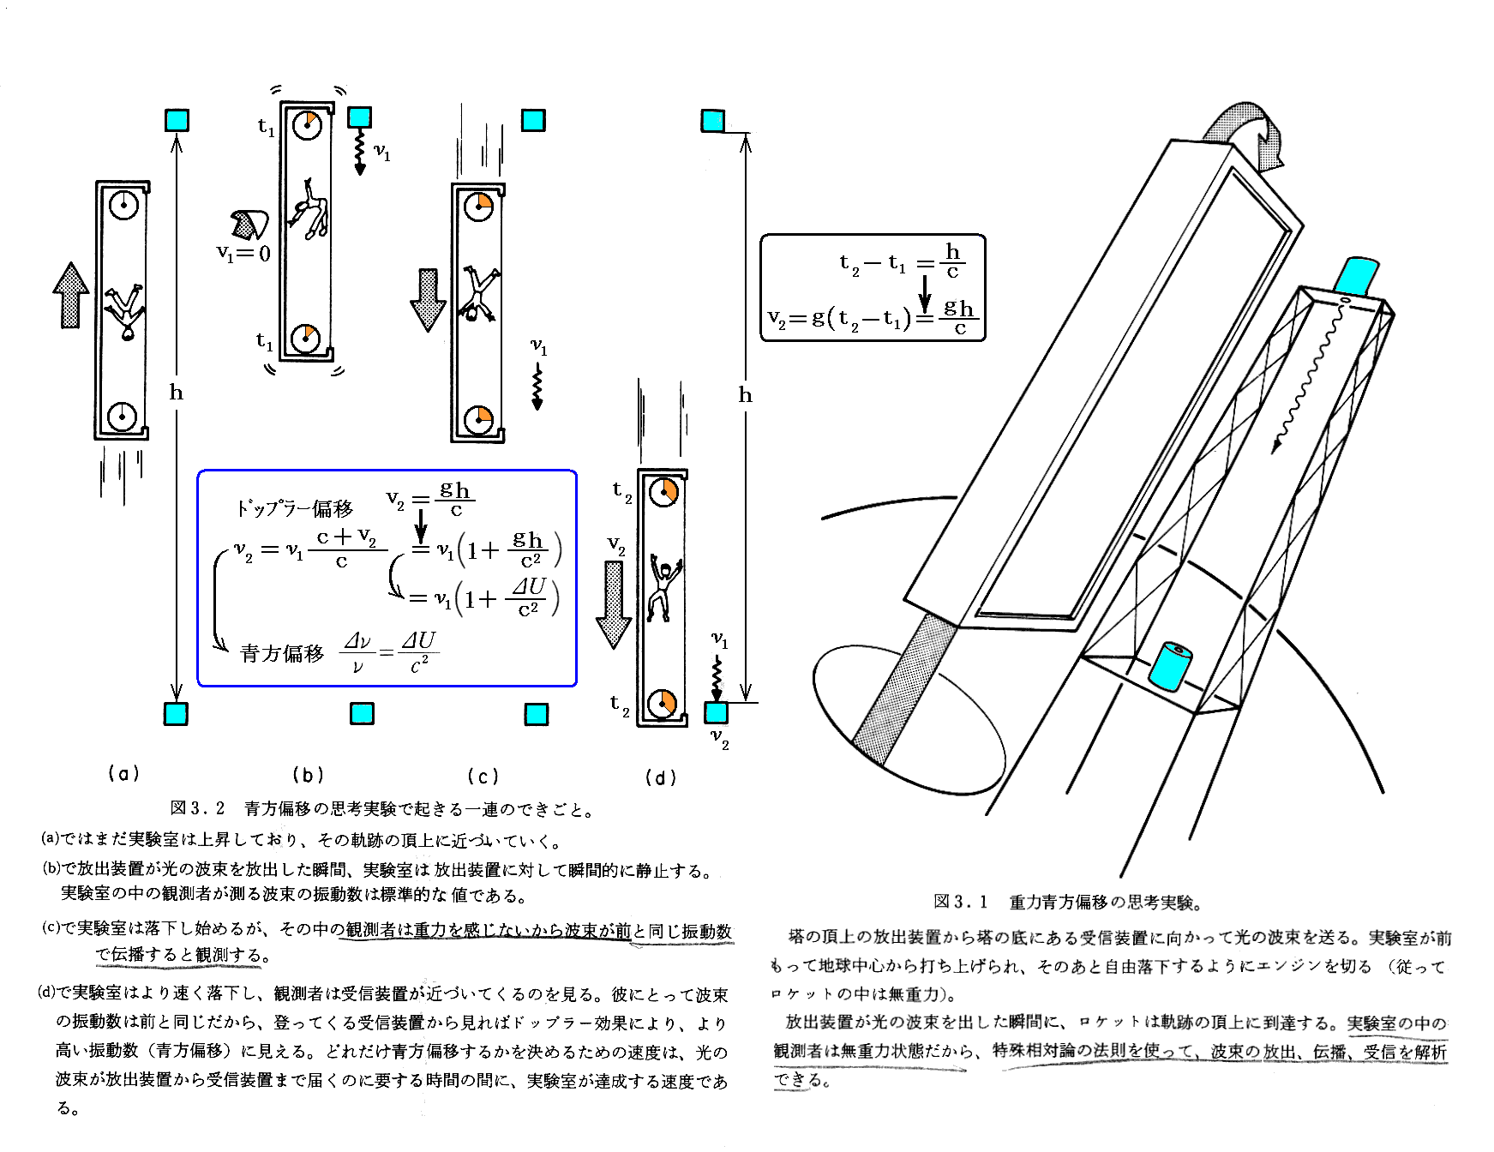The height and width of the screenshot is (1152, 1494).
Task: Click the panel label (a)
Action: (123, 774)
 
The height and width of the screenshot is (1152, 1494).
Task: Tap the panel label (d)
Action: (660, 777)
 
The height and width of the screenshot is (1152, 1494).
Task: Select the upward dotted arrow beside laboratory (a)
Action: (70, 295)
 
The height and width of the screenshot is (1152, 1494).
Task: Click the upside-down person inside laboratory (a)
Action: (125, 310)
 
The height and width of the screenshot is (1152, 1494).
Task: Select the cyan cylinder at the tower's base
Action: (1170, 666)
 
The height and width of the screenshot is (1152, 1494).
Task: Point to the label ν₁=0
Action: (243, 253)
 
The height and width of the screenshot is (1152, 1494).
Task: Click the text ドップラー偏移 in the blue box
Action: (295, 508)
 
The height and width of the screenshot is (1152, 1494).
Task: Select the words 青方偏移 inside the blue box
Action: (282, 654)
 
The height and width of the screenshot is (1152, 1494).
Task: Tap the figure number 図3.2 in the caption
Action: (197, 808)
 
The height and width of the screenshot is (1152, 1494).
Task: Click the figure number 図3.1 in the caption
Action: (960, 902)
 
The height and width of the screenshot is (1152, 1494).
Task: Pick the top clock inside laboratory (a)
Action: (123, 205)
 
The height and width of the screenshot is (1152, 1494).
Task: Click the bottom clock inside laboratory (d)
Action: (662, 704)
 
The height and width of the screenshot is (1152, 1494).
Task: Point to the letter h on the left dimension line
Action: (177, 393)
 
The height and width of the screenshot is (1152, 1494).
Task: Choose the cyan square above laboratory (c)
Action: (533, 120)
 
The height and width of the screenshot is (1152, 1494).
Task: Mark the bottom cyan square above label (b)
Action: (362, 713)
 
